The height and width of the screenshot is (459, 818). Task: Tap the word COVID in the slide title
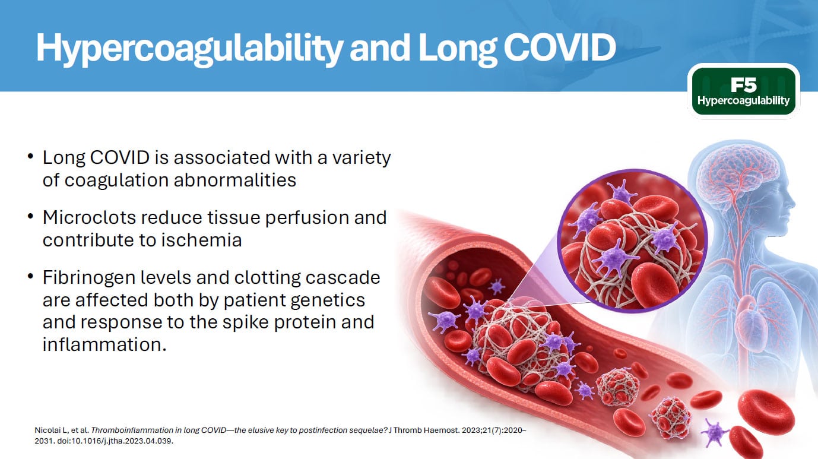(560, 48)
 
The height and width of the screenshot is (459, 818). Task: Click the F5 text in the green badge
(744, 85)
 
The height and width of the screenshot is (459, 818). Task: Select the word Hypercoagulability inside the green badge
(744, 100)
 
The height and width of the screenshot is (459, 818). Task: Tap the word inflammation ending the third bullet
(104, 345)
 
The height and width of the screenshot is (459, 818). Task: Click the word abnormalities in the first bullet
(235, 181)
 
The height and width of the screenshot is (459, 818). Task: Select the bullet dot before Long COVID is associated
(30, 157)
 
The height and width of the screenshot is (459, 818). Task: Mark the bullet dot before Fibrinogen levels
(30, 277)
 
